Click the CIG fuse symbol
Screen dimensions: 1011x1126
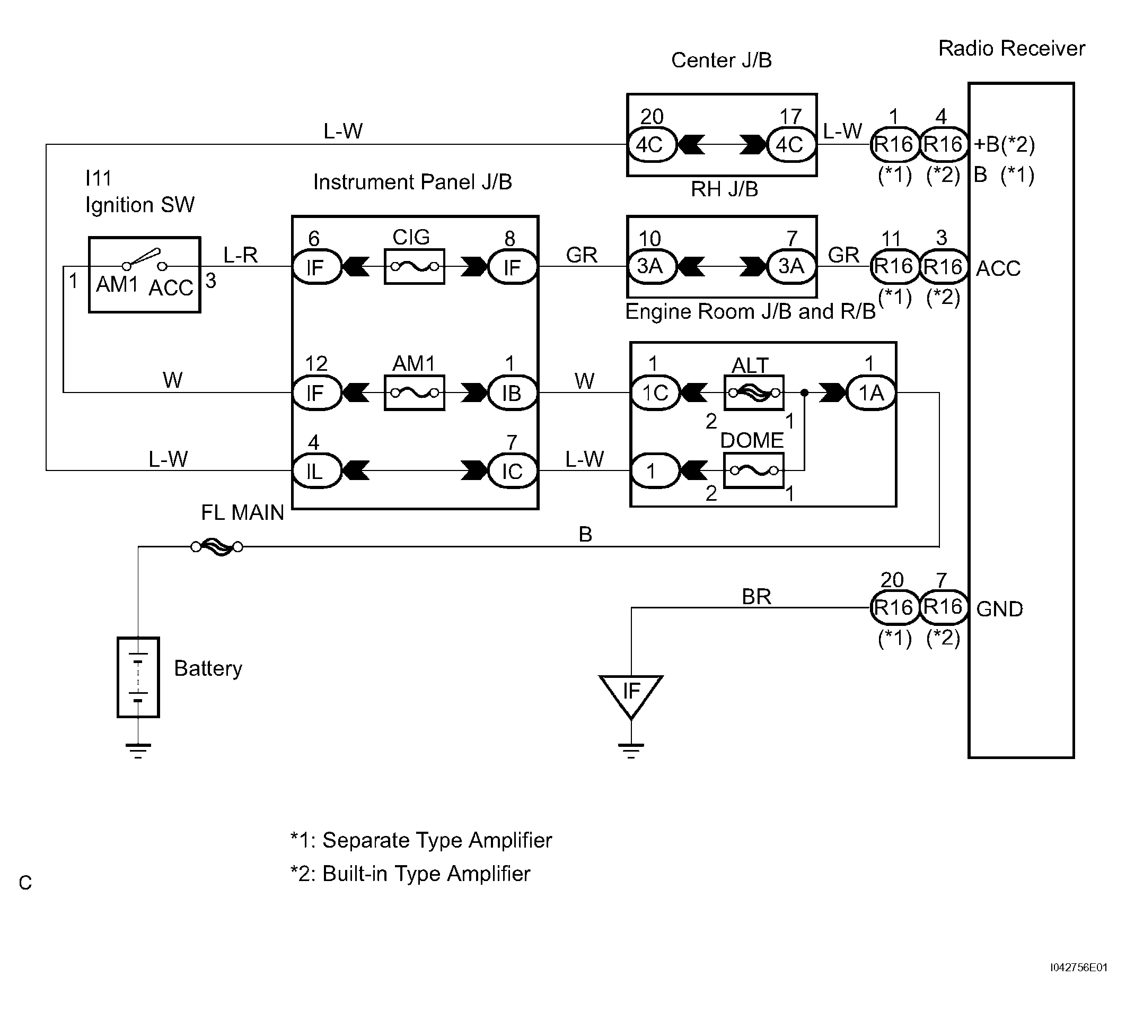(414, 267)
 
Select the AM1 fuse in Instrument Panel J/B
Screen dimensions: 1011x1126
(414, 393)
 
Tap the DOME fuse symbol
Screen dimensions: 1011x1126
(754, 470)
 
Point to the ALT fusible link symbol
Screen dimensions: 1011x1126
(754, 393)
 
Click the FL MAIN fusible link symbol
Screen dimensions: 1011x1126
(216, 547)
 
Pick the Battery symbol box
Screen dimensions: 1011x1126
(138, 677)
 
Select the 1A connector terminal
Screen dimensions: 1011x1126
(870, 393)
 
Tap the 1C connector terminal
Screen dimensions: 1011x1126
(655, 393)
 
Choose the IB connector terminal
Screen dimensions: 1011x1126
(512, 393)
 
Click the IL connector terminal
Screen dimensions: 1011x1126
(316, 471)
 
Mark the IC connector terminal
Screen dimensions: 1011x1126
(512, 471)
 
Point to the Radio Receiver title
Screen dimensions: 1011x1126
(1011, 49)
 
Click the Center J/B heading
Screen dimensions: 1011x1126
(721, 60)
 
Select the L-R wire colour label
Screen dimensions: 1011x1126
(240, 255)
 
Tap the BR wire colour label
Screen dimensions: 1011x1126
(756, 597)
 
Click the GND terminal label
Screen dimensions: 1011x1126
(999, 609)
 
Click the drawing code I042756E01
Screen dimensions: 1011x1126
(1078, 968)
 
